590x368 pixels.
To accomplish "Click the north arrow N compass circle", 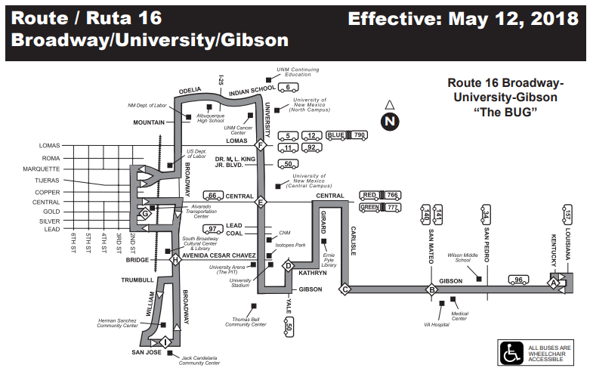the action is pos(390,121).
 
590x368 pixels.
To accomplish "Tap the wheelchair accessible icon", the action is pos(511,354).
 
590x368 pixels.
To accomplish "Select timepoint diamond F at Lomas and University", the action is pos(260,145).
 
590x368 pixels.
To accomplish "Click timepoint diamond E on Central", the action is pos(260,202).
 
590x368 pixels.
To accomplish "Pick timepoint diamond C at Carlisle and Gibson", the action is pos(344,289).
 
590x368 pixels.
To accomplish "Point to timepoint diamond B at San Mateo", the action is pos(431,289).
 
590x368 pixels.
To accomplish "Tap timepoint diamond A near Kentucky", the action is pos(553,283).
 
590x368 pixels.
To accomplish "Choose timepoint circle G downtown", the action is pos(145,214).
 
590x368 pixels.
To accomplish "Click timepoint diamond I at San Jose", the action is pos(165,342).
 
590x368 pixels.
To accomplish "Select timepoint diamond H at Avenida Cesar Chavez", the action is pos(175,260).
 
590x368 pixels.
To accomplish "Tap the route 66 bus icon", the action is pos(213,196).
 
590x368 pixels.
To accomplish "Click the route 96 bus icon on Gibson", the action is pos(518,280).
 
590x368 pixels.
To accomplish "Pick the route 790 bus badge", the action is pos(360,135).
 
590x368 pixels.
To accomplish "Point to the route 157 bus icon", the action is pos(567,215).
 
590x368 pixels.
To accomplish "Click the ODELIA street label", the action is pos(190,91).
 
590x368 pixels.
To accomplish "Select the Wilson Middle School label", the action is pos(463,258).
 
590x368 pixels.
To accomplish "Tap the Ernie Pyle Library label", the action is pos(329,260).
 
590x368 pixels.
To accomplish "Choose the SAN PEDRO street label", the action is pos(487,245).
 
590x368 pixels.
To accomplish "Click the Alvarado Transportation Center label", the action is pos(201,212).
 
